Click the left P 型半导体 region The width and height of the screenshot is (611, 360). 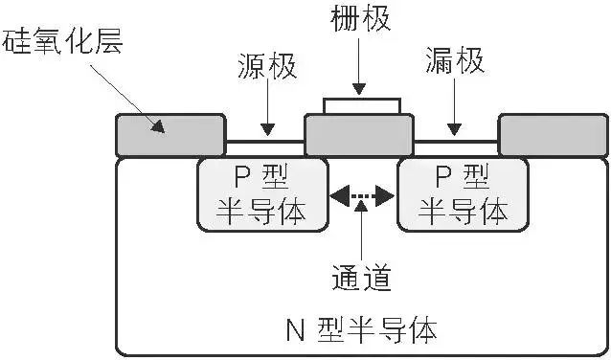tap(258, 194)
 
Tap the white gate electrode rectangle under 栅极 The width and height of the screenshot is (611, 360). tap(361, 105)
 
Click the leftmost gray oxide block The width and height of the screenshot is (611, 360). tap(170, 135)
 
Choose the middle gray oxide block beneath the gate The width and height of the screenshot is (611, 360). tap(359, 136)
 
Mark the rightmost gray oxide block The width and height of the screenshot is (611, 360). tap(553, 135)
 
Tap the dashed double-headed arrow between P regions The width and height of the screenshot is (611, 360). tap(361, 197)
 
